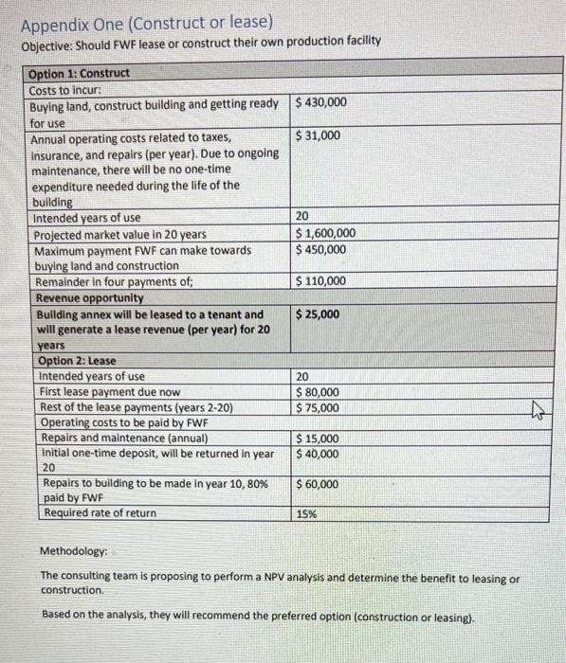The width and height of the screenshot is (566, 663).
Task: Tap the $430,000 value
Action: pyautogui.click(x=321, y=102)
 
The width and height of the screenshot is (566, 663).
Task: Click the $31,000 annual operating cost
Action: pyautogui.click(x=318, y=136)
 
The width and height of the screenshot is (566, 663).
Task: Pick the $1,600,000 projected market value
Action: pyautogui.click(x=326, y=234)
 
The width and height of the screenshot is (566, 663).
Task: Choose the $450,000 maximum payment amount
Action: pyautogui.click(x=321, y=250)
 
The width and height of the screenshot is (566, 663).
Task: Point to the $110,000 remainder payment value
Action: pyautogui.click(x=321, y=281)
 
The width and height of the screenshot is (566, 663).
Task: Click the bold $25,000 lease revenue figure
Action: pyautogui.click(x=319, y=314)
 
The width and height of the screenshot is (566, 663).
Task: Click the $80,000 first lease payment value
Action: pyautogui.click(x=318, y=392)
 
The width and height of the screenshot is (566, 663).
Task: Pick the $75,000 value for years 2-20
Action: pyautogui.click(x=318, y=408)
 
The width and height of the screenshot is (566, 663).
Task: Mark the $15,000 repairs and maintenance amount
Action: pyautogui.click(x=318, y=439)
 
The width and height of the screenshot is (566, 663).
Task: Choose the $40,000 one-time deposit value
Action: pyautogui.click(x=318, y=454)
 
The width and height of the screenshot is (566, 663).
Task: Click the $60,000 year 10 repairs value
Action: pyautogui.click(x=318, y=484)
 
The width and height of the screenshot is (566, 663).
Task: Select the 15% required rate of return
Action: pyautogui.click(x=306, y=514)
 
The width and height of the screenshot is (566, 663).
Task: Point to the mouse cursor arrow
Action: pyautogui.click(x=534, y=410)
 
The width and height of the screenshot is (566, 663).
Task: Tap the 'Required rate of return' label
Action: pyautogui.click(x=100, y=513)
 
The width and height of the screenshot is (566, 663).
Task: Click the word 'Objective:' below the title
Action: pyautogui.click(x=46, y=41)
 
